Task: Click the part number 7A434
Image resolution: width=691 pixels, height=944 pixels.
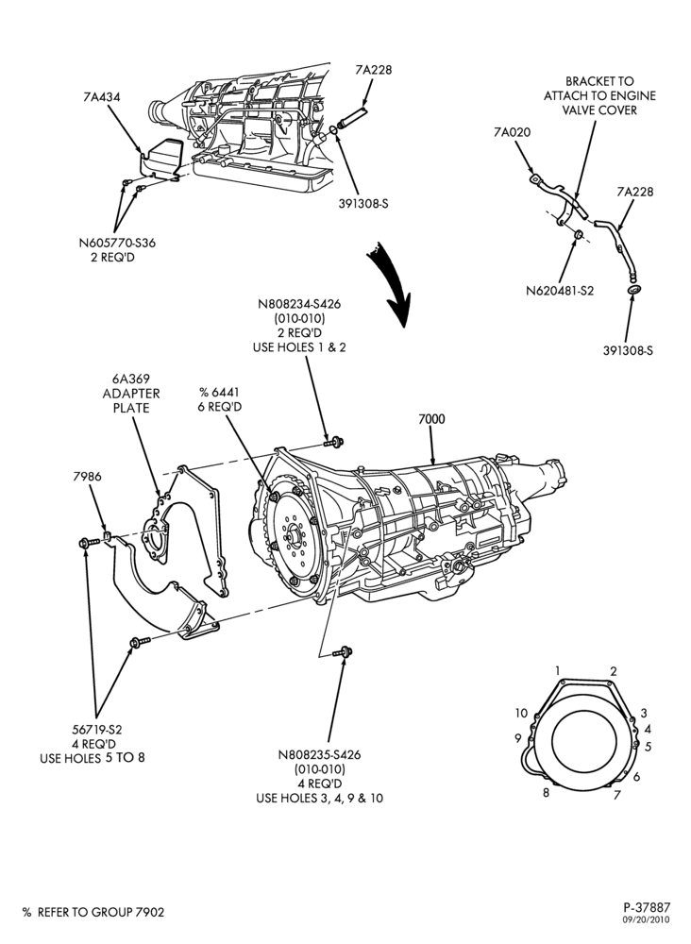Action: click(101, 96)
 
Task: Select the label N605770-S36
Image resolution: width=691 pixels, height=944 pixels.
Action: click(117, 243)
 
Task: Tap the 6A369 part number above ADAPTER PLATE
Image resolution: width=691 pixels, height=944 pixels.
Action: click(130, 379)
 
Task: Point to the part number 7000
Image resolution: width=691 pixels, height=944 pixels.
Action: click(431, 418)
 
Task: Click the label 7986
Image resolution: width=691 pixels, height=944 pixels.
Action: click(87, 476)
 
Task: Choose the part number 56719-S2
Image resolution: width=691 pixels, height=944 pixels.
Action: click(95, 729)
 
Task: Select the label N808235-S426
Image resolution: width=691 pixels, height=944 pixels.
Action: click(320, 754)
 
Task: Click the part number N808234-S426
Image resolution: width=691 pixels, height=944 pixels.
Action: click(298, 304)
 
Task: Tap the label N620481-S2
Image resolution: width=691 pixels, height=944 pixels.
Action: click(560, 290)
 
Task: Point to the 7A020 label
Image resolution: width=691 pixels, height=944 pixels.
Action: click(513, 132)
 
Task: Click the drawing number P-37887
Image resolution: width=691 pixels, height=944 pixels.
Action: click(647, 906)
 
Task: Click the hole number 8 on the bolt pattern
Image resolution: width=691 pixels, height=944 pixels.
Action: click(546, 792)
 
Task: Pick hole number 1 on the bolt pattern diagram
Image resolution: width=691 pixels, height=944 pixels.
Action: click(558, 670)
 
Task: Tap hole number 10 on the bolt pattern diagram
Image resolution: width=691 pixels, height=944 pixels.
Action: click(521, 714)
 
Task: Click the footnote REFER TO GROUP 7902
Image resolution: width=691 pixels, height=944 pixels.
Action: click(100, 912)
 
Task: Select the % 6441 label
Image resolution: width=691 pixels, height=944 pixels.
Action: click(219, 392)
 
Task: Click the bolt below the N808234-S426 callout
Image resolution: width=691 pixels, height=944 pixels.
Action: click(333, 442)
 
